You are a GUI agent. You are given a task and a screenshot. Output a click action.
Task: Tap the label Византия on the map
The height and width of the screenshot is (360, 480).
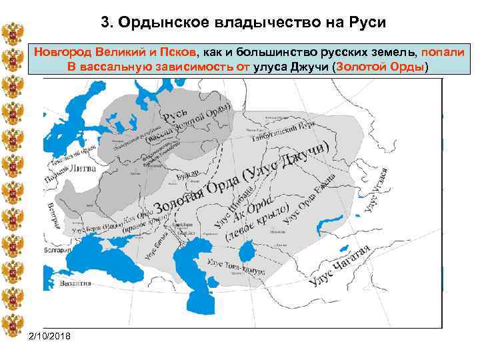tap(74, 283)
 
